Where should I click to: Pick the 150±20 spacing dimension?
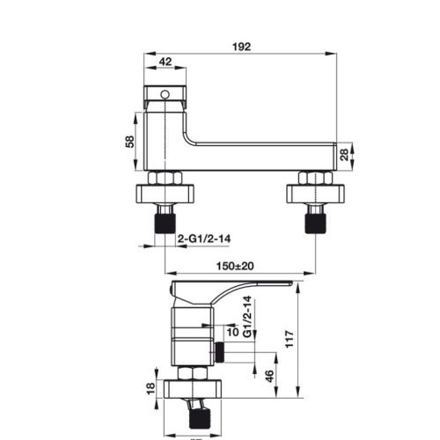point(237,265)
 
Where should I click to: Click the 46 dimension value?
point(269,376)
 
